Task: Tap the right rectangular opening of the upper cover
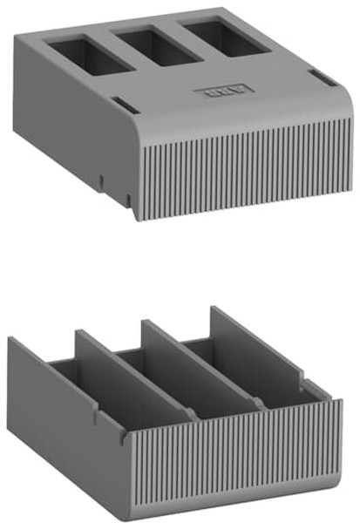(x=214, y=38)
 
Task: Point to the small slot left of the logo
(x=124, y=106)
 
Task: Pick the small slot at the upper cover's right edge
(x=321, y=79)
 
